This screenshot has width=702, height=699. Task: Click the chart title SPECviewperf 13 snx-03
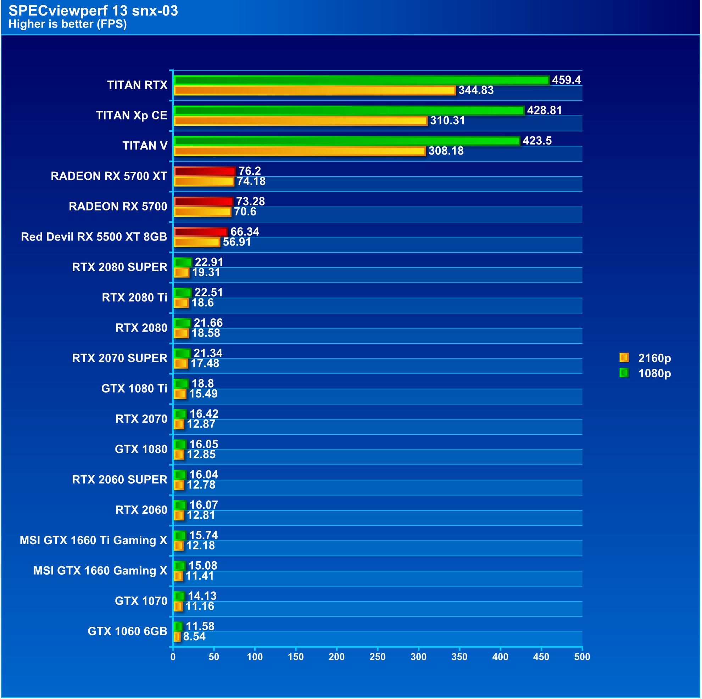93,11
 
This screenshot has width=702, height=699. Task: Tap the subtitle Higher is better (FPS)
68,24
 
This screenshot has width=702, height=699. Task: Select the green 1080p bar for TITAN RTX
361,80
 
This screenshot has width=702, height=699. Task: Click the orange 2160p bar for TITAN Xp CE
300,120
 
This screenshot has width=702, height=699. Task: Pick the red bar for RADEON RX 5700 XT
205,171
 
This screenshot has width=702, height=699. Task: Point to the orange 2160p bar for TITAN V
299,151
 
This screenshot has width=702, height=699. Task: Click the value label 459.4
566,80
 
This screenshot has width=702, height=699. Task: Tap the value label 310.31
447,120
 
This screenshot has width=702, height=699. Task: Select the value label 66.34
245,232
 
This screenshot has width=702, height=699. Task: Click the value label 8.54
194,636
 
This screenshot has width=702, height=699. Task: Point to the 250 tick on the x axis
378,656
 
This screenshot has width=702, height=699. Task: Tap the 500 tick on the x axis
582,656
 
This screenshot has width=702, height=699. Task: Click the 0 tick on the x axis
173,656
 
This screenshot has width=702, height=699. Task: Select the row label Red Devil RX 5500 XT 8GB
94,237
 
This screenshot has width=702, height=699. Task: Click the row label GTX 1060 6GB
127,631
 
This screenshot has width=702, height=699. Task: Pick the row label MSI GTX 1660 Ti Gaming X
93,540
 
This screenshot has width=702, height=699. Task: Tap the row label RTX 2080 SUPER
119,267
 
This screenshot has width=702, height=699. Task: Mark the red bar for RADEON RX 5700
204,202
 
